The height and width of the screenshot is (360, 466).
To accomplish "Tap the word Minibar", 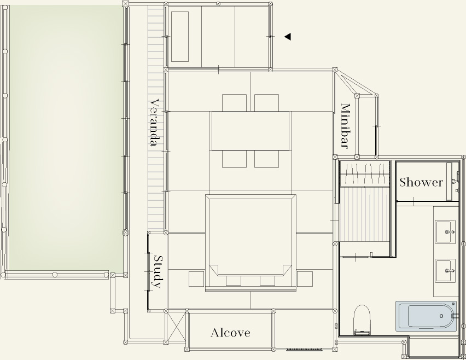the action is [x=345, y=126].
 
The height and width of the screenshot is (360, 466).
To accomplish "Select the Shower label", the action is [x=421, y=182].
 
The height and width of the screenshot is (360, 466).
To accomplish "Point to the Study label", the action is [x=159, y=272].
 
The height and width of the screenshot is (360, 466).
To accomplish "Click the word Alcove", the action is [x=230, y=333].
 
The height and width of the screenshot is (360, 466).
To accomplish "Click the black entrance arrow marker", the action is [x=288, y=37].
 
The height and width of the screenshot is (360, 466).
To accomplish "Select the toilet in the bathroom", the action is [x=362, y=320].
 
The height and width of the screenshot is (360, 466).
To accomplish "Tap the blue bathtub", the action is [x=426, y=316].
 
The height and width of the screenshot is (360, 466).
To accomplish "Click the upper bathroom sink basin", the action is [x=445, y=231].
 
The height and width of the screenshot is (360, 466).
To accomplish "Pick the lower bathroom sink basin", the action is [x=445, y=270].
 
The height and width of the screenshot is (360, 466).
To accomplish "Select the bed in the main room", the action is [x=251, y=242].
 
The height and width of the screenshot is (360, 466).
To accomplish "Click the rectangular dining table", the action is [x=251, y=131].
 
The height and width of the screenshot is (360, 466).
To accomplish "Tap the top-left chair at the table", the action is [x=234, y=103].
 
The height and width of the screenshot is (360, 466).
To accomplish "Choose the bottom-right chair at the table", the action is [x=266, y=159].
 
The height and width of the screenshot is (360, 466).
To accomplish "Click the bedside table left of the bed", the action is [x=196, y=279].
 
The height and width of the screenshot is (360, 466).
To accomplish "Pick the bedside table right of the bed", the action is [x=305, y=279].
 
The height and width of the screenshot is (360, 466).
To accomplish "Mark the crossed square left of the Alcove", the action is [x=177, y=327].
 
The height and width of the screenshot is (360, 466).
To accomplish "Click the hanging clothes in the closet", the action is [x=365, y=174].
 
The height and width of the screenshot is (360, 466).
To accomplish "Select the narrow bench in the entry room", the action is [x=180, y=37].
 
